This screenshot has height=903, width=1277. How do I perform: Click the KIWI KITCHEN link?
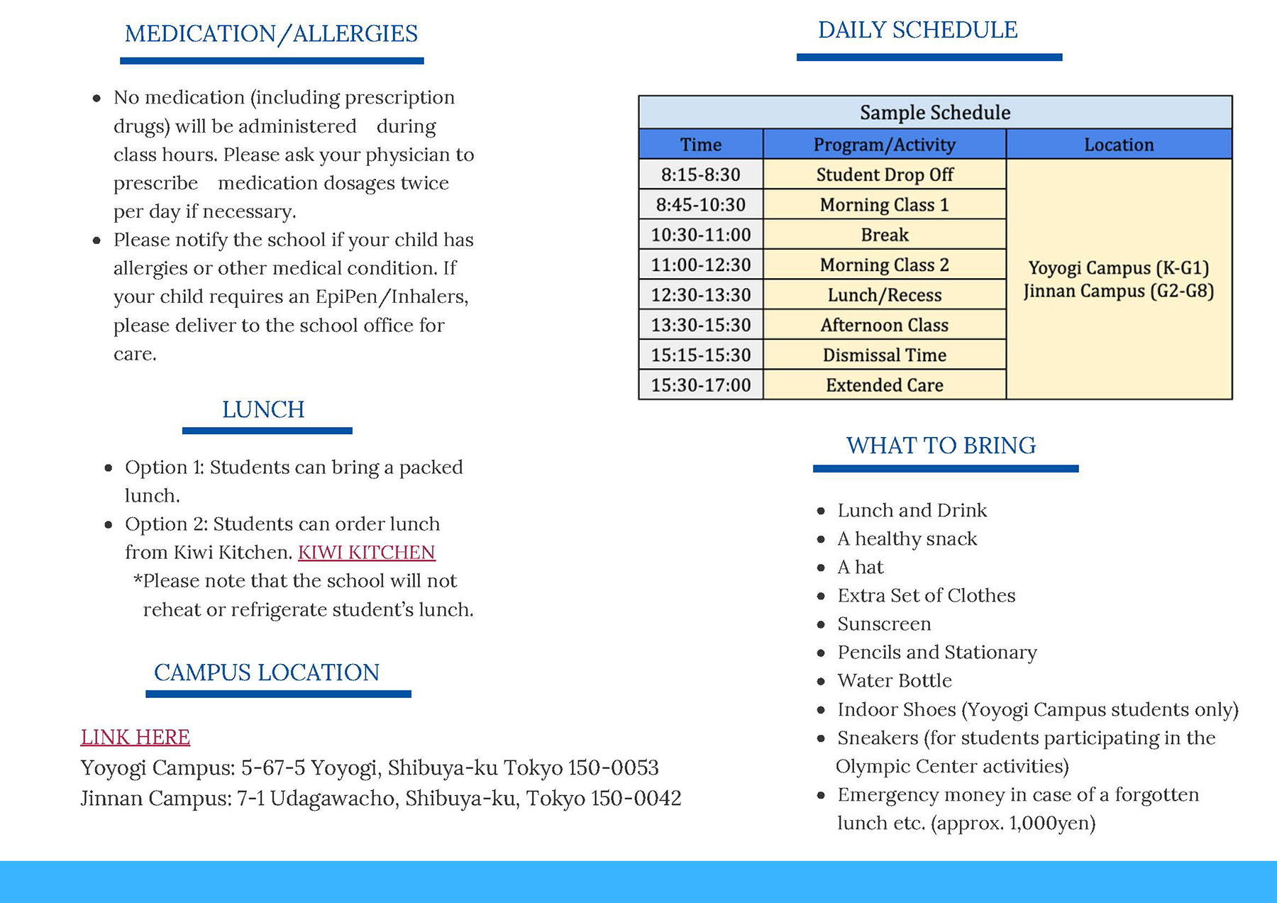[x=366, y=553]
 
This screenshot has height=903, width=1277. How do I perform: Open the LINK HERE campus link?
[x=135, y=737]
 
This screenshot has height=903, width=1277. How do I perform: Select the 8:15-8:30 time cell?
[x=700, y=174]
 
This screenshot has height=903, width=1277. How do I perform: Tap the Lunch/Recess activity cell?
[x=884, y=295]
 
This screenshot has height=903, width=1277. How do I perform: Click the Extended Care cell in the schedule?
[x=884, y=385]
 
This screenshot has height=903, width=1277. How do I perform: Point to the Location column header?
[x=1118, y=145]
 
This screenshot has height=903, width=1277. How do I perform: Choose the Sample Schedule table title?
[x=934, y=113]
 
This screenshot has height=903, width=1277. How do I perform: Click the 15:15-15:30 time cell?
[x=700, y=355]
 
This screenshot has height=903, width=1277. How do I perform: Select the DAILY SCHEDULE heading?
[x=917, y=31]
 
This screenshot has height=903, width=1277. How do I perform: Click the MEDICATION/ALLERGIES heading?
[x=271, y=34]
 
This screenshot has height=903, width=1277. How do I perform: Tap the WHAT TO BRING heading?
[x=941, y=445]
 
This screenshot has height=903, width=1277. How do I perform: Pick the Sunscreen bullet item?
[x=884, y=624]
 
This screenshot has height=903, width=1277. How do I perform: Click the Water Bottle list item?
[x=894, y=681]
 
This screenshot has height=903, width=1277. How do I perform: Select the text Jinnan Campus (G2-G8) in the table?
[x=1118, y=292]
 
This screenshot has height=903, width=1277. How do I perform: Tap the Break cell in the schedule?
[x=884, y=235]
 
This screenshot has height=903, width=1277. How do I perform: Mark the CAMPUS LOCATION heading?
[x=267, y=672]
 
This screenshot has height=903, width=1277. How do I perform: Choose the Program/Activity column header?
[x=884, y=145]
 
